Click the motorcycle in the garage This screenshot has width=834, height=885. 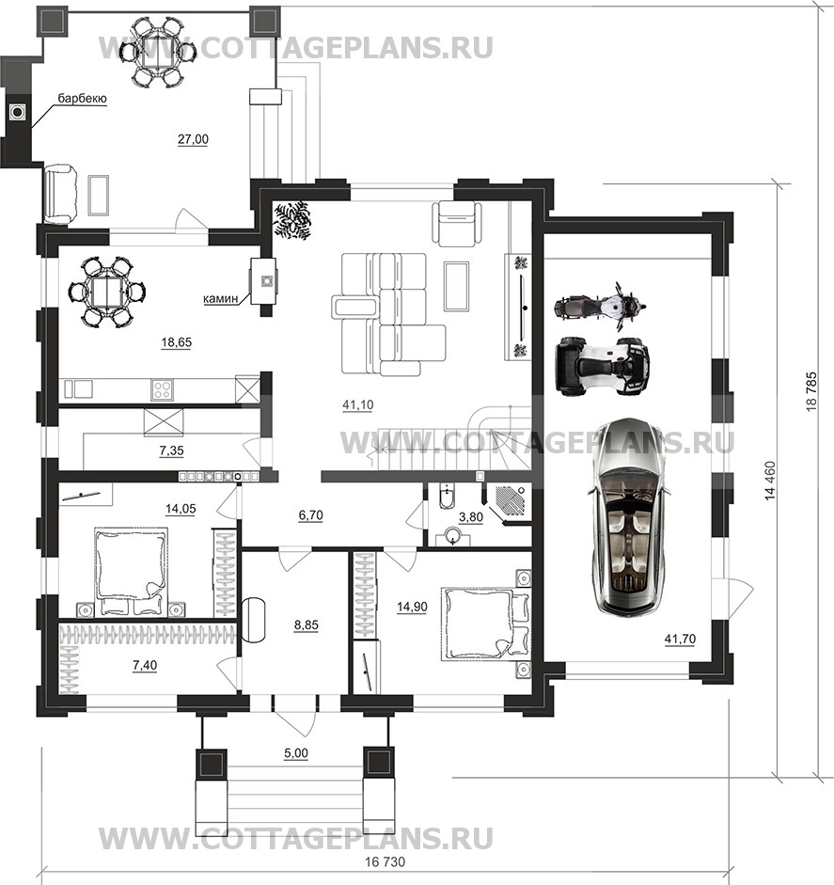coord(599,307)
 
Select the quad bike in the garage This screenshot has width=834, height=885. coord(603,365)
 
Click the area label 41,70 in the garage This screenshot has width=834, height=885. coord(680,639)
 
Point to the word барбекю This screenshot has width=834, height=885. coord(83,99)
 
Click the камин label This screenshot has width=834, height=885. coord(221,298)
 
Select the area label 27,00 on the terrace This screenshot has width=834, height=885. coord(193,139)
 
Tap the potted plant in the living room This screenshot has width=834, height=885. coord(292,220)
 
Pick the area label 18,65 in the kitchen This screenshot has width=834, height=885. coord(177,342)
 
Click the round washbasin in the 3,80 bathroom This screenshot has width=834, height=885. coord(454,536)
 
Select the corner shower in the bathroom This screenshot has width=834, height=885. coord(511,502)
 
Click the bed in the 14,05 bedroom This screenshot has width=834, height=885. coord(132,571)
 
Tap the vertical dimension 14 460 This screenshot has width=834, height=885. coord(770,481)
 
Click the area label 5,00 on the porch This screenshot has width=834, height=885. coord(296,753)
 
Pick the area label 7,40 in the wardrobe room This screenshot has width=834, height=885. coord(145,666)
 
